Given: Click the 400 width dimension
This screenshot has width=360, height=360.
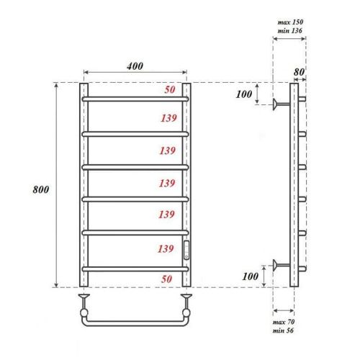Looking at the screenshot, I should click(x=135, y=66).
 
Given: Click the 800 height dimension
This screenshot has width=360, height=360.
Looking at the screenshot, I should click(x=43, y=189).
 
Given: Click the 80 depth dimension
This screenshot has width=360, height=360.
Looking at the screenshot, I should click(x=299, y=71).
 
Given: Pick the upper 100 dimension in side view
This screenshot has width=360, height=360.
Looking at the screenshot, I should click(x=246, y=95).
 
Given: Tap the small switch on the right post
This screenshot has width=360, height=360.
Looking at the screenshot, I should click(x=186, y=249).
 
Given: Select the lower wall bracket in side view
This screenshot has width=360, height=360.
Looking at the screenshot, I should click(x=281, y=266).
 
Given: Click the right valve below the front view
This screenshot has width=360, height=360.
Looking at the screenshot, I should click(x=186, y=295).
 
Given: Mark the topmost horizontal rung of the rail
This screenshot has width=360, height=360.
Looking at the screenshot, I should click(x=135, y=98).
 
